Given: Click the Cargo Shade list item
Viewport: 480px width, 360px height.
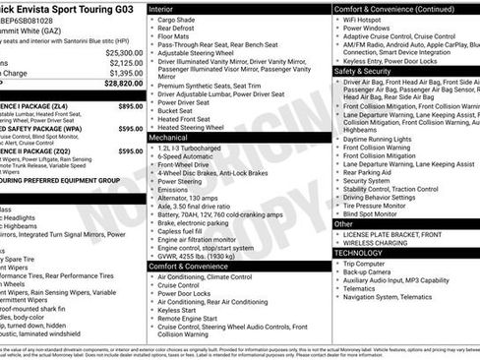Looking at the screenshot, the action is click(178, 20).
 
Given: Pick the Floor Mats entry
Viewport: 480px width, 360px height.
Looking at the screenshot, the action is click(176, 36).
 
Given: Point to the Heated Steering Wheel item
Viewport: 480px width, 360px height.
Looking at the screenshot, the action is click(198, 128).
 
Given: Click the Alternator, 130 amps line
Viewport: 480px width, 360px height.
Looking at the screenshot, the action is click(193, 199).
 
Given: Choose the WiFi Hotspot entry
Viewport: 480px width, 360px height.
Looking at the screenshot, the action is click(369, 20).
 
